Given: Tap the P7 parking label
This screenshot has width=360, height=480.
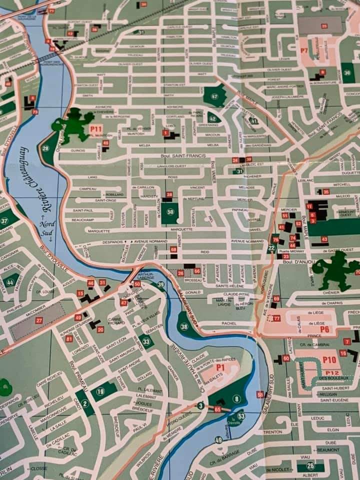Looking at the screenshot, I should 304,50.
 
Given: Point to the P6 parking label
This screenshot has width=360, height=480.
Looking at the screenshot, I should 324,329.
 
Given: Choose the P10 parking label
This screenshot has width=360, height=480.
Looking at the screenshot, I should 329,359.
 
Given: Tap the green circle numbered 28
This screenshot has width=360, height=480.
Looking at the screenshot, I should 45,148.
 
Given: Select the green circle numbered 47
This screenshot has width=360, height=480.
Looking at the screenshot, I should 214,96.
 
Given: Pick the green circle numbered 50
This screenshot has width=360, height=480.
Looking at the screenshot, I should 170,212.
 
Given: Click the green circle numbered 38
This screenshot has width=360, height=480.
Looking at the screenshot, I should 184,327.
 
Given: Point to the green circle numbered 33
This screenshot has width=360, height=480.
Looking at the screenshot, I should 146,342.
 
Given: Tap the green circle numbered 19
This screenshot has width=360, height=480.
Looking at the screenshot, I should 100,391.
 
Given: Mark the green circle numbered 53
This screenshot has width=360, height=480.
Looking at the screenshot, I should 241,416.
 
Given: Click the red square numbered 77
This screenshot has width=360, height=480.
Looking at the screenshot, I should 276,318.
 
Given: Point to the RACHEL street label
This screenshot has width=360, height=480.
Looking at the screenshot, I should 229,323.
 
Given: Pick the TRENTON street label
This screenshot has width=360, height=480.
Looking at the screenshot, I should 272,431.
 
